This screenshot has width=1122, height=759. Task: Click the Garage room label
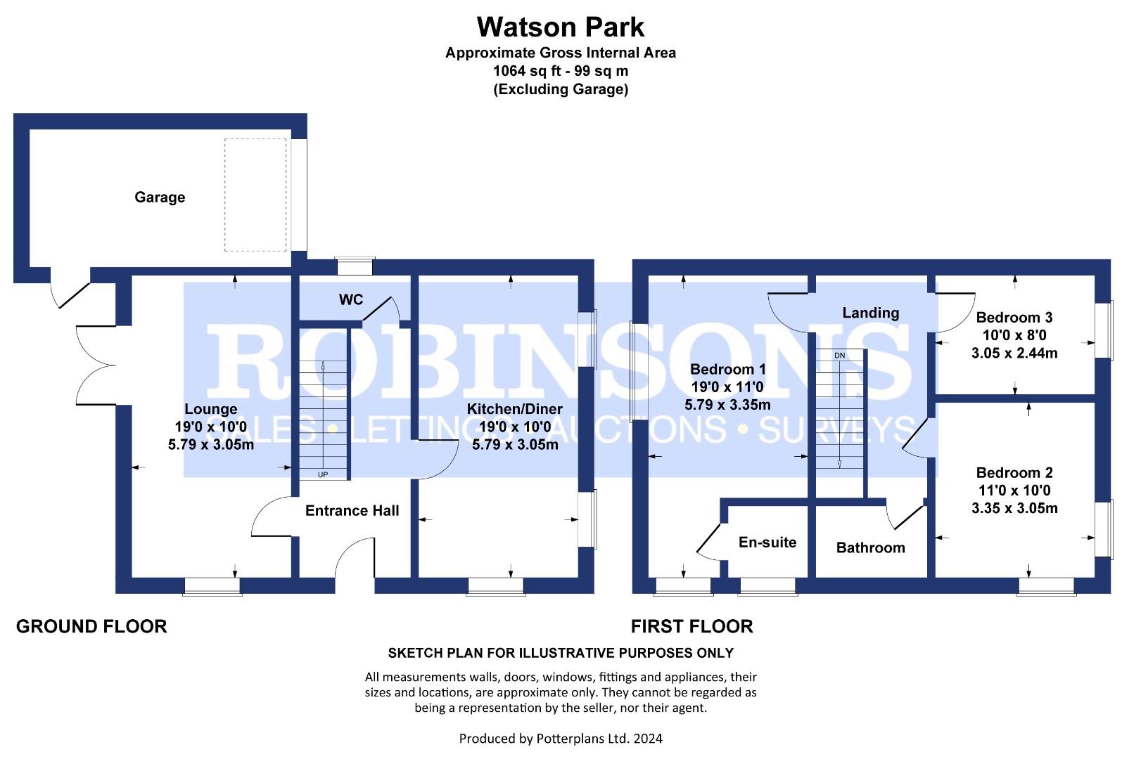coord(160,197)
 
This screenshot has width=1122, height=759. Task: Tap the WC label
coord(350,299)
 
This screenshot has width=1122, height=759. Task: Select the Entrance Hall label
coord(352,510)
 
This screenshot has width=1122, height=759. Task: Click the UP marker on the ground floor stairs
coord(323,474)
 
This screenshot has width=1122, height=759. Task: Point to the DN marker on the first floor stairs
coord(839,355)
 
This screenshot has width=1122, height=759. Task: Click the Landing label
coord(871,313)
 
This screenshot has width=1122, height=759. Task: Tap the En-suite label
coord(767,542)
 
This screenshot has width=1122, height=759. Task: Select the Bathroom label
coord(871,547)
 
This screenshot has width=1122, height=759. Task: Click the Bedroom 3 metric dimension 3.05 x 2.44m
coord(1014,353)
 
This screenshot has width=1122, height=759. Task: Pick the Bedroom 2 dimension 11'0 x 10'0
coord(1014,491)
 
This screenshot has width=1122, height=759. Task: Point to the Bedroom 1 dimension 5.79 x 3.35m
coord(727,404)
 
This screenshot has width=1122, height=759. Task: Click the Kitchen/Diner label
coord(514,409)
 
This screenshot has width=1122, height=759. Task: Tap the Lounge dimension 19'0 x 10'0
coord(210,427)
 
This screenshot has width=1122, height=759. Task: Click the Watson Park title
coord(561,27)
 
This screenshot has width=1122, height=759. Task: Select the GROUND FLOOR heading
coord(91,626)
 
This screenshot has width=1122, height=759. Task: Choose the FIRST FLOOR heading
coord(691,626)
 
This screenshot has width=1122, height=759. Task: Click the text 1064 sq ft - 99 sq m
coord(561,71)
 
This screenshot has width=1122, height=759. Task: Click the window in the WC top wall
coord(355,266)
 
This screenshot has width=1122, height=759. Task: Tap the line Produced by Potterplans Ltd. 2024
coord(561,739)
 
